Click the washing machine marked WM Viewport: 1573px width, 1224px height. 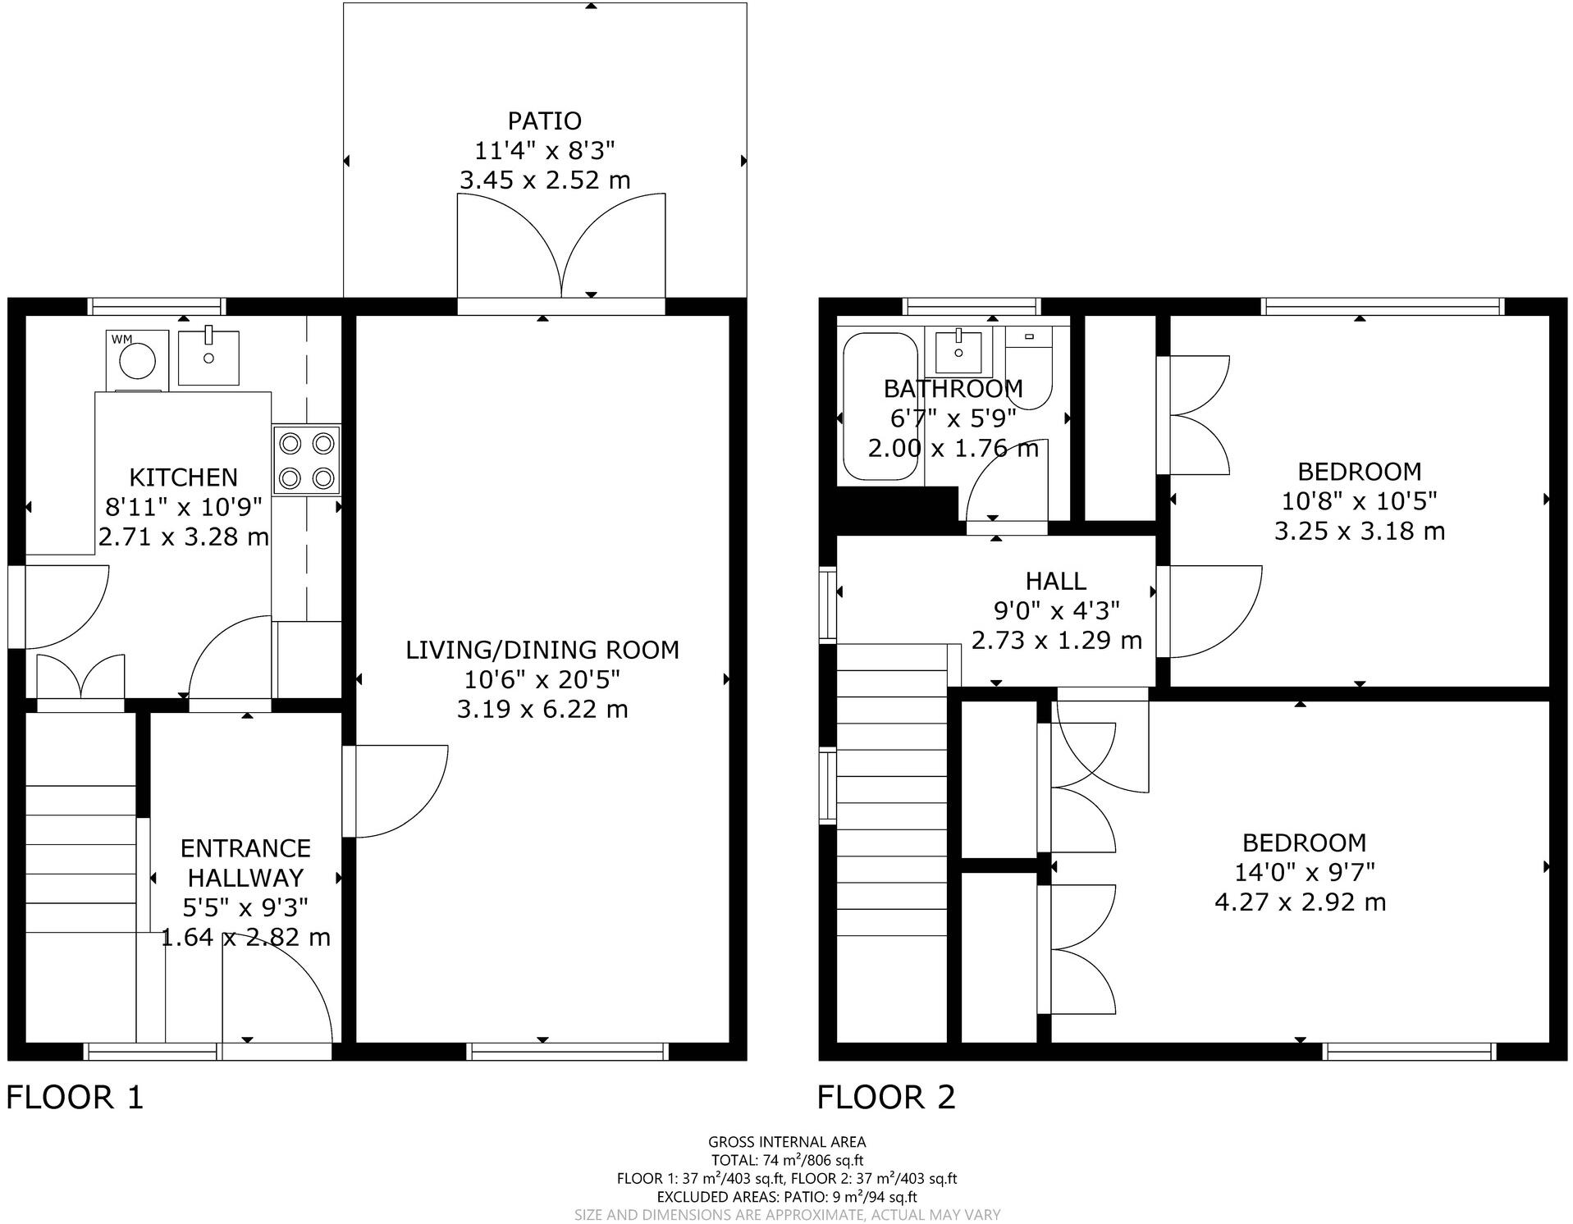coord(137,361)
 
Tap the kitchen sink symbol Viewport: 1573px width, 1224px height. coord(208,358)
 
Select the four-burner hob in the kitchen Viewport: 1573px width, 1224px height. coord(307,459)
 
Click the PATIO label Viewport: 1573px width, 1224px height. coord(544,121)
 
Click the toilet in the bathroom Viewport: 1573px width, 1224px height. coord(1029,369)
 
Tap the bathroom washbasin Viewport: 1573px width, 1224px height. coord(958,350)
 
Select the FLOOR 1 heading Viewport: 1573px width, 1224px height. coord(75,1098)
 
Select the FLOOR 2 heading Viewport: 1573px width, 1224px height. coord(886,1098)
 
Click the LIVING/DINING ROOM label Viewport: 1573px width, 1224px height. coord(542,650)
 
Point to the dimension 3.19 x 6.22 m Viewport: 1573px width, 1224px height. coord(542,709)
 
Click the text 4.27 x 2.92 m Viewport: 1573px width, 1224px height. coord(1300,902)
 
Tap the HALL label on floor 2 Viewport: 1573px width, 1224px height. coord(1055,581)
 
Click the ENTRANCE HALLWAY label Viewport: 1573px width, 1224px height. coord(245,862)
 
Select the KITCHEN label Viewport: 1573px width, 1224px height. coord(183,477)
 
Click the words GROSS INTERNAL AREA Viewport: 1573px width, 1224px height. coord(786,1141)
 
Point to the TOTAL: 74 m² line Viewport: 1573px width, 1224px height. coord(786,1160)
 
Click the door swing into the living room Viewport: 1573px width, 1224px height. coord(402,792)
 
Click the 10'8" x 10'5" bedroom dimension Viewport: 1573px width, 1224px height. coord(1359,500)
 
